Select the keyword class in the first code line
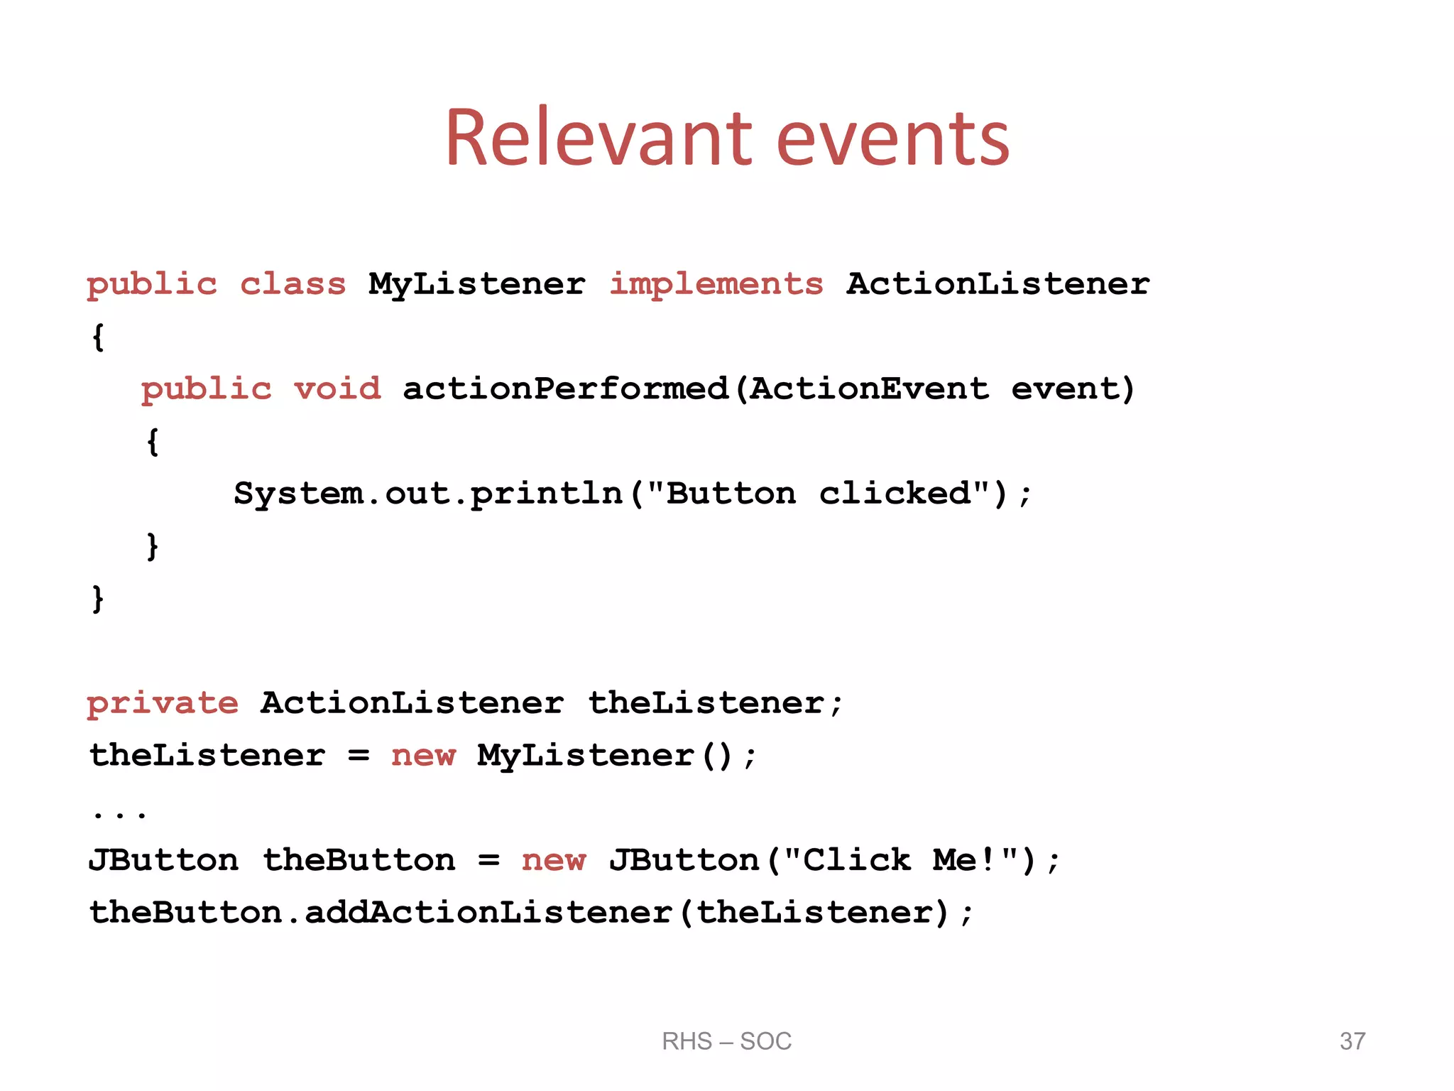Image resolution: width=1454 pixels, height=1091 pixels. tap(293, 284)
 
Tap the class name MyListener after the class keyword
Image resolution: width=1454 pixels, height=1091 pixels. tap(477, 284)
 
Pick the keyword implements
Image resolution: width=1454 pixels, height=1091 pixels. tap(716, 284)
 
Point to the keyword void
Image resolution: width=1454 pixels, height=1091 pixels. tap(338, 389)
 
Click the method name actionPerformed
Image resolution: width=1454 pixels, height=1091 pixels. tap(566, 389)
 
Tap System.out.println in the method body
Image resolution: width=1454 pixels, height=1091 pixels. tap(427, 493)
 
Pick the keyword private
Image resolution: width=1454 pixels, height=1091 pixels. tap(163, 703)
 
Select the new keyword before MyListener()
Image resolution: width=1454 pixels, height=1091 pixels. tap(423, 755)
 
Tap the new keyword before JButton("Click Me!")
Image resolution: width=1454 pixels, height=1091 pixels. tap(554, 860)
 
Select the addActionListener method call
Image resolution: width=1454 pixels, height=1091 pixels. tap(488, 913)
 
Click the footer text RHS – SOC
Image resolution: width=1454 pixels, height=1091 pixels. tap(726, 1041)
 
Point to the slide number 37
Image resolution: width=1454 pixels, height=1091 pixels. tap(1352, 1041)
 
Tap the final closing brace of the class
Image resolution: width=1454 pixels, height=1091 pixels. tap(98, 598)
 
